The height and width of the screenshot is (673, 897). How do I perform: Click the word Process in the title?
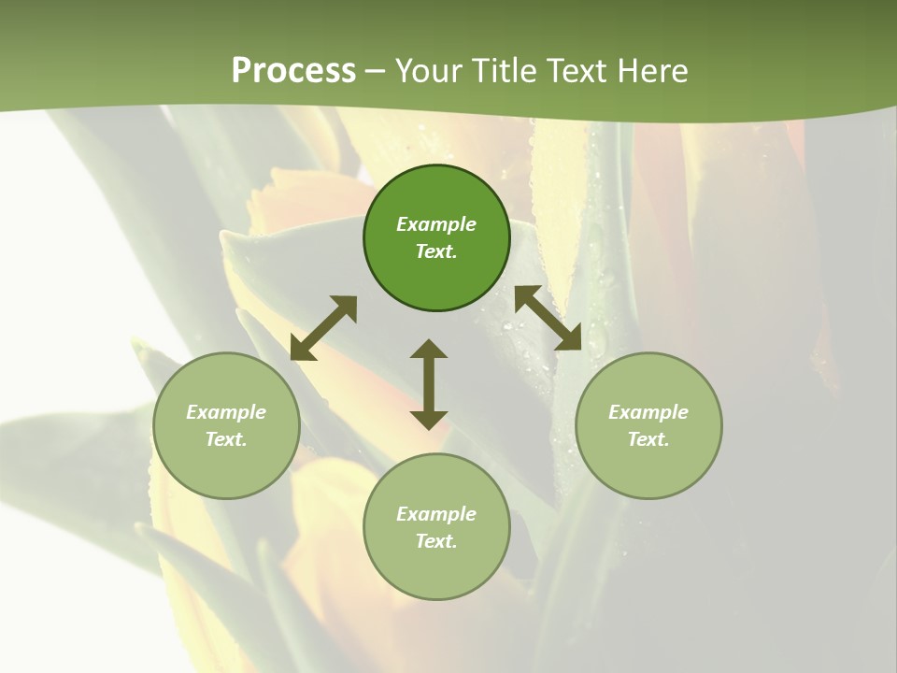pyautogui.click(x=293, y=71)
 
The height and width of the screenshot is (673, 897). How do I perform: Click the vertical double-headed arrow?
pyautogui.click(x=429, y=384)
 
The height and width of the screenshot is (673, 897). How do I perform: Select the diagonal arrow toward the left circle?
pyautogui.click(x=323, y=328)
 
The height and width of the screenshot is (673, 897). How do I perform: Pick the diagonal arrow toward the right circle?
pyautogui.click(x=548, y=319)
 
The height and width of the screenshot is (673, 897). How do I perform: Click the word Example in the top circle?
pyautogui.click(x=436, y=224)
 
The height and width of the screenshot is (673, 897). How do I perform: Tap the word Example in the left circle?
pyautogui.click(x=226, y=412)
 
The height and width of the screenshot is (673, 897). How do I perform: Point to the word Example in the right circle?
pyautogui.click(x=648, y=412)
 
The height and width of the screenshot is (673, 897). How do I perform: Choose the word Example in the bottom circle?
pyautogui.click(x=436, y=514)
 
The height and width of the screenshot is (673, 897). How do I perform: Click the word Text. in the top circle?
pyautogui.click(x=436, y=251)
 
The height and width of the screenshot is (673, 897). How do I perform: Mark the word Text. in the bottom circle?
pyautogui.click(x=436, y=541)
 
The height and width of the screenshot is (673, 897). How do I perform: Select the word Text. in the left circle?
pyautogui.click(x=226, y=439)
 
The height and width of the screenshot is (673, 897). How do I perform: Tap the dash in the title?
pyautogui.click(x=376, y=71)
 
